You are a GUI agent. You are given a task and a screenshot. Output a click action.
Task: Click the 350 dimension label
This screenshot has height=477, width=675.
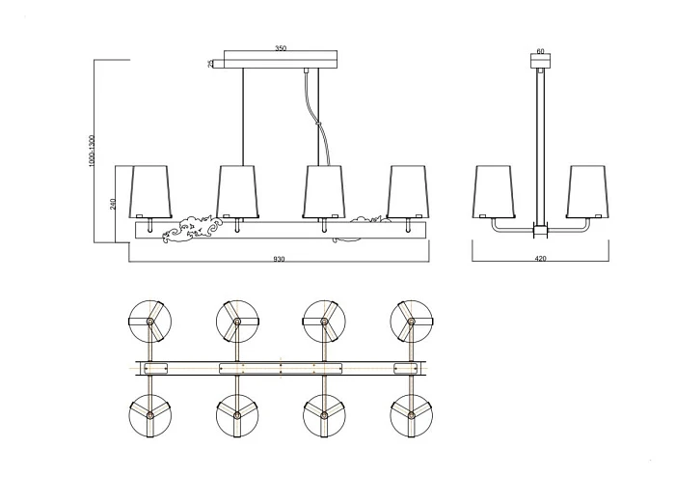coord(281,47)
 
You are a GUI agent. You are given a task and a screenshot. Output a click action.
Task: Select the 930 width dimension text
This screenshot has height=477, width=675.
coord(279,259)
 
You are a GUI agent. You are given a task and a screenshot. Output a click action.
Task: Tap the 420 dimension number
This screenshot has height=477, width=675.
coord(541,259)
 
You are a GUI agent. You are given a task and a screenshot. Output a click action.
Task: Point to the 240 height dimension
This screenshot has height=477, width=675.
coord(114,204)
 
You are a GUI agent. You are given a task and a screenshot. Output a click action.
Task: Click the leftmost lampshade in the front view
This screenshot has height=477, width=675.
coord(151,191)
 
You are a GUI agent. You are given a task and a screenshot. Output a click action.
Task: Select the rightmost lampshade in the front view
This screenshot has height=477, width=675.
coord(409,191)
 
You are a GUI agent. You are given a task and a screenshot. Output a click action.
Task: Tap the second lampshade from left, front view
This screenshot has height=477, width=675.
coord(237,191)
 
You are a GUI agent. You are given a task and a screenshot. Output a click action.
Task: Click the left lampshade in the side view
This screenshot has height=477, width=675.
coord(496,191)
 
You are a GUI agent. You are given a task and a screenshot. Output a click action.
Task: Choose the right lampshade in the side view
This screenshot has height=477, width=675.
coord(587,191)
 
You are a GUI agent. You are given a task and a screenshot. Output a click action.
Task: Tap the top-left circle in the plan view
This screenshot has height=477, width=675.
coord(150,320)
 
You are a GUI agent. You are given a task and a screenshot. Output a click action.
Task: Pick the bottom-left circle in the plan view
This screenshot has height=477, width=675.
coord(150,415)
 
